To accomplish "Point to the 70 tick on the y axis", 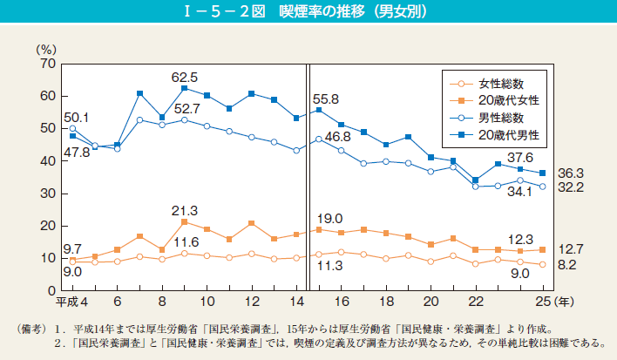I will (x=48, y=64).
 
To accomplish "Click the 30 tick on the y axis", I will (x=48, y=194).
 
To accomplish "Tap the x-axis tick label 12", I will (x=252, y=302).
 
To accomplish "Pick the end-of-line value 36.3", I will (x=570, y=173).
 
